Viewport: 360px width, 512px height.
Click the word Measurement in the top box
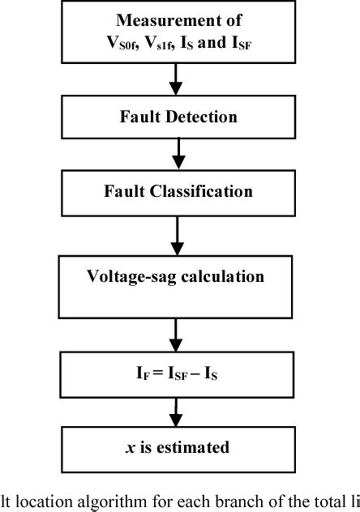(x=174, y=19)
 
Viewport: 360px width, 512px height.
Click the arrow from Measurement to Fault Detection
(x=175, y=78)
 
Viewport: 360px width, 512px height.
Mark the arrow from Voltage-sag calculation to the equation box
(x=175, y=335)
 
